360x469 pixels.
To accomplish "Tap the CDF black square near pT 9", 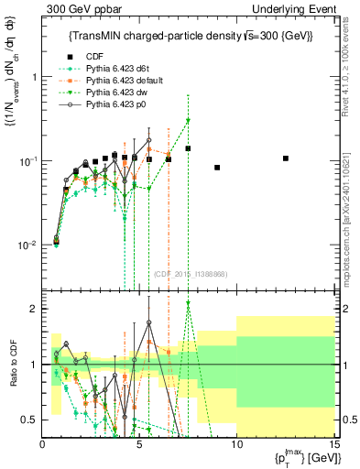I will coord(217,168).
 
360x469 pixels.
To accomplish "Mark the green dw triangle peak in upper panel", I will coord(188,120).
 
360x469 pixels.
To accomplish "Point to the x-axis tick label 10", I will coord(235,444).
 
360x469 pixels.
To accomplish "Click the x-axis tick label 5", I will coord(139,444).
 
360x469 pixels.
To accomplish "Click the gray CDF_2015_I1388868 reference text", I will coord(191,275).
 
